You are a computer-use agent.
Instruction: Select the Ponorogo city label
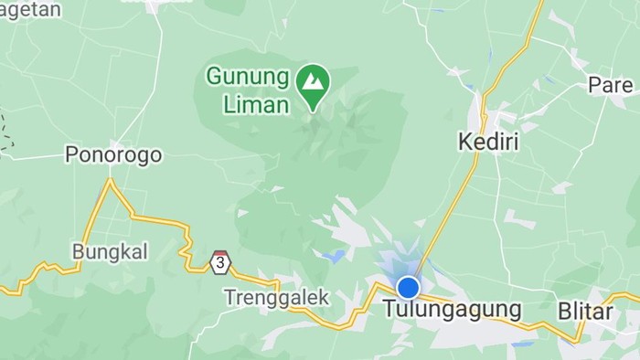[x=113, y=154]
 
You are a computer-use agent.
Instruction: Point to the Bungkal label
[x=109, y=251]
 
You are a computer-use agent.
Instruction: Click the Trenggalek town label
[x=276, y=297]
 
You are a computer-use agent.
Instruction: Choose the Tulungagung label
[x=453, y=310]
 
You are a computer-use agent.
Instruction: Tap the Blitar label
[x=585, y=311]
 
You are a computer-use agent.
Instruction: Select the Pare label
[x=611, y=85]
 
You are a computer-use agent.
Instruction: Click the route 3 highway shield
[x=219, y=262]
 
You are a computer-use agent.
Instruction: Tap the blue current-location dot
[x=408, y=288]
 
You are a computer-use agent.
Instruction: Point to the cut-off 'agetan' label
[x=30, y=9]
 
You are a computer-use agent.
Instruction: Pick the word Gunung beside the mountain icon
[x=248, y=76]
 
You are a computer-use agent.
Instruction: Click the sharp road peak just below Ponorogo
[x=111, y=180]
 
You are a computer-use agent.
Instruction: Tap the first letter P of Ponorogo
[x=71, y=154]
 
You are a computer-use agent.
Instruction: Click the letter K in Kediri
[x=463, y=142]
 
